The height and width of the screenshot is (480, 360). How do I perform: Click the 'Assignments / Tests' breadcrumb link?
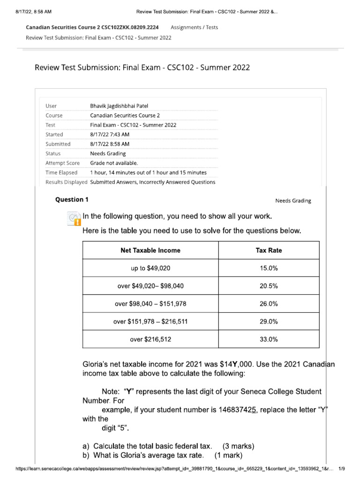tap(194, 27)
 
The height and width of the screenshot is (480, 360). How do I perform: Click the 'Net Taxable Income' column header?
tap(150, 250)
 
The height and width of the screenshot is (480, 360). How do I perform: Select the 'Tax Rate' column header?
tap(269, 250)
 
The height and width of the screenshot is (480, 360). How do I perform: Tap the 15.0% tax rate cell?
tap(269, 268)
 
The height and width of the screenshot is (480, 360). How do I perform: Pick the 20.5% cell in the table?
tap(269, 286)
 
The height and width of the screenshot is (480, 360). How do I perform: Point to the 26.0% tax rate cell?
tap(269, 304)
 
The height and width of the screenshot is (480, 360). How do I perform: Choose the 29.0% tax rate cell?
tap(269, 322)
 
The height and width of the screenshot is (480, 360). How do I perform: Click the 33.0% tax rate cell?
tap(269, 339)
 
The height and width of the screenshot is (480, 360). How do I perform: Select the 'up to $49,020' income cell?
tap(150, 268)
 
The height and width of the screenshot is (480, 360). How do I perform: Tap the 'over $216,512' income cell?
tap(150, 339)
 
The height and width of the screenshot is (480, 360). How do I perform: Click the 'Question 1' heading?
tap(72, 200)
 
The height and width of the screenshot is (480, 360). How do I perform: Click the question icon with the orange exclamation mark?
tap(74, 219)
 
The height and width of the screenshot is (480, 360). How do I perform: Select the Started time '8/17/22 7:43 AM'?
tap(110, 135)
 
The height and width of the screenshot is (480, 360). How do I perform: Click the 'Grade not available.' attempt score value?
tap(114, 163)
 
